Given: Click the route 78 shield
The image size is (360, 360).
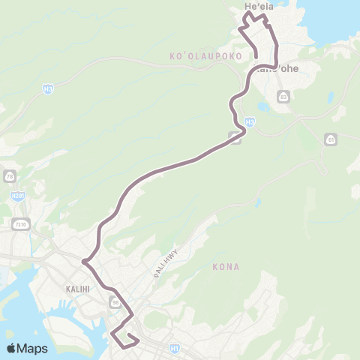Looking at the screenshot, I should pos(10,175).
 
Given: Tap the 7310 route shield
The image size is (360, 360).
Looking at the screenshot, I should pos(19,223).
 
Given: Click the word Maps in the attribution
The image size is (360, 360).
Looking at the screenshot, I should pos(33,348).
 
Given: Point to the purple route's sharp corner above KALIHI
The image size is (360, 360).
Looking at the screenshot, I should pos(84,261).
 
